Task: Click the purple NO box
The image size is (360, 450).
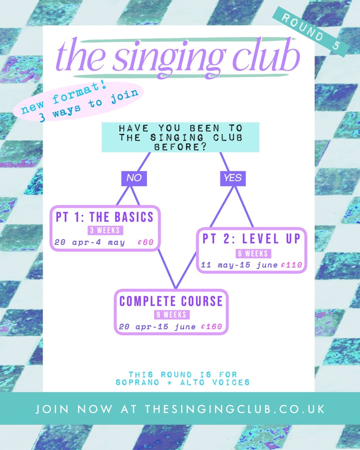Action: pyautogui.click(x=134, y=178)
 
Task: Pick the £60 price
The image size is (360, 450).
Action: pyautogui.click(x=146, y=243)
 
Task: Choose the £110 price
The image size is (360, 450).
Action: pyautogui.click(x=292, y=265)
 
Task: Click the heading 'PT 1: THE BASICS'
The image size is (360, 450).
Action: pyautogui.click(x=105, y=217)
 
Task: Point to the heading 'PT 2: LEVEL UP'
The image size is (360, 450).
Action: pyautogui.click(x=251, y=239)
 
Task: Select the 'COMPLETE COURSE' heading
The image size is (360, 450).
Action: pyautogui.click(x=171, y=301)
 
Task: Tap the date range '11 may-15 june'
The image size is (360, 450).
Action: pyautogui.click(x=240, y=265)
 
